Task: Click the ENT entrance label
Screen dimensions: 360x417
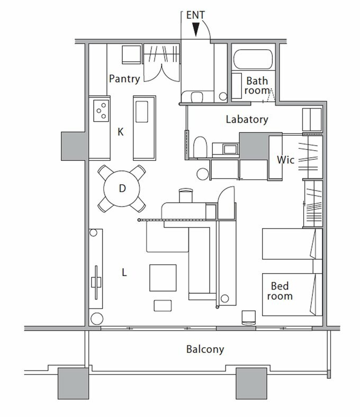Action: click(x=195, y=15)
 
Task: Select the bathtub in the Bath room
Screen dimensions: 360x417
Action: click(x=253, y=59)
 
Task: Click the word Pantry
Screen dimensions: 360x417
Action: click(x=124, y=79)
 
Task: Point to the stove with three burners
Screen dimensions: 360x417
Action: click(x=101, y=111)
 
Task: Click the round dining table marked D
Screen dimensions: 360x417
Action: click(x=122, y=188)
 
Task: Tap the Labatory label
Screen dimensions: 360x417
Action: click(x=247, y=120)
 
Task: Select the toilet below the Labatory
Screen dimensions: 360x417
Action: click(x=200, y=147)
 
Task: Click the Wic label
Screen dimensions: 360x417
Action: click(x=285, y=160)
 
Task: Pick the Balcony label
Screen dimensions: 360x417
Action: click(x=205, y=349)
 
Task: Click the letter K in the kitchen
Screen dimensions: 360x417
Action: click(x=121, y=132)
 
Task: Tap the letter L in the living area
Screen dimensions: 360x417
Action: click(x=124, y=273)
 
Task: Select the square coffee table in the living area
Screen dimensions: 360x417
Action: click(x=163, y=278)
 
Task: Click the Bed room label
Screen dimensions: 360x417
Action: click(x=280, y=291)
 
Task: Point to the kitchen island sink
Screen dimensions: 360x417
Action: click(x=142, y=112)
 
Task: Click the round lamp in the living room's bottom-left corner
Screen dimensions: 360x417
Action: click(x=96, y=319)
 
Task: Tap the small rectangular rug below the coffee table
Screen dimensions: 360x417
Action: click(x=163, y=305)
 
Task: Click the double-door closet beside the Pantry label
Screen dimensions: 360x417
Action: click(x=162, y=63)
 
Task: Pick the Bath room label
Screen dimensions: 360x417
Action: click(x=257, y=85)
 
